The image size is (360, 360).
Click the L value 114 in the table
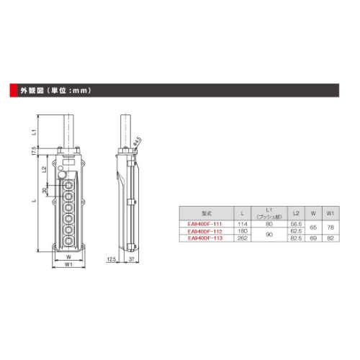[243, 224]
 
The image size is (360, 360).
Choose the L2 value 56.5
[295, 224]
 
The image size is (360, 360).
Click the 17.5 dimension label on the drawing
[33, 152]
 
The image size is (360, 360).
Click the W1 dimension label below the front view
[67, 264]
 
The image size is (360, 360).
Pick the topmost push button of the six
[68, 184]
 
